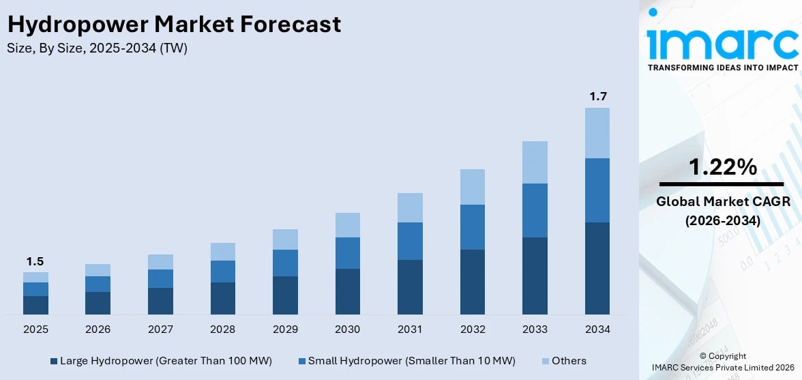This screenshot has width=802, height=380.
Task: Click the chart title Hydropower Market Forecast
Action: click(x=174, y=25)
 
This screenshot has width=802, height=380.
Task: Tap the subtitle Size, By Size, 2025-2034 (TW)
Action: click(x=97, y=48)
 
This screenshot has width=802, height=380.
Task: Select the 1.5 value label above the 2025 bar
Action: click(x=35, y=262)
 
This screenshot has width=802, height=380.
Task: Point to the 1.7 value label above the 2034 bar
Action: click(x=597, y=97)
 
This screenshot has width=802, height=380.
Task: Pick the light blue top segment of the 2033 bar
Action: click(x=535, y=162)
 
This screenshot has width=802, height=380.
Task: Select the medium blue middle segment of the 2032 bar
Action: click(x=473, y=226)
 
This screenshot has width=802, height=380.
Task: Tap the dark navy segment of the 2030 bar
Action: click(x=348, y=291)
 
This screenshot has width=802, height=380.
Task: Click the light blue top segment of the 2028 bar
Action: click(x=223, y=252)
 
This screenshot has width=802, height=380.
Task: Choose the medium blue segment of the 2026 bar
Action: click(x=98, y=284)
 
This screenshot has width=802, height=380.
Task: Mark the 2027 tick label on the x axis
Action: click(x=160, y=330)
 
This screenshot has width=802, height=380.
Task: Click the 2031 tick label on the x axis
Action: click(x=410, y=330)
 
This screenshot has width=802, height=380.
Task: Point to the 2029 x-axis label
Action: click(x=285, y=330)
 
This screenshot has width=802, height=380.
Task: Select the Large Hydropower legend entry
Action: click(x=161, y=361)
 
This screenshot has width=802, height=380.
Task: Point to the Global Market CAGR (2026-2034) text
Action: click(x=722, y=211)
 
